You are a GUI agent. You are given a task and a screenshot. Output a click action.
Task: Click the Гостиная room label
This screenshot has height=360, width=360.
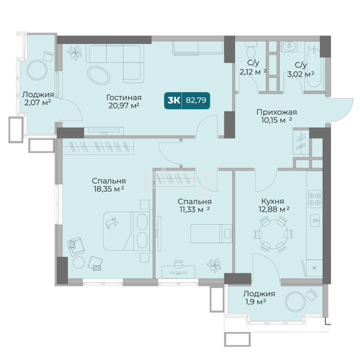click(124, 97)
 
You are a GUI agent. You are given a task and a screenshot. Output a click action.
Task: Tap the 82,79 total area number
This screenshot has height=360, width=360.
click(196, 100)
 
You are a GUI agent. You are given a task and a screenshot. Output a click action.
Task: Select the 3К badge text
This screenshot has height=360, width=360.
click(174, 100)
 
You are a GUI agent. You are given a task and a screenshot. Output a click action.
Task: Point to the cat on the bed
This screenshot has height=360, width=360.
click(112, 223)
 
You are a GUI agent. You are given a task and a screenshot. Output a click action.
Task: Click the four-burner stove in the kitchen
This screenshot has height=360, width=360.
click(314, 199)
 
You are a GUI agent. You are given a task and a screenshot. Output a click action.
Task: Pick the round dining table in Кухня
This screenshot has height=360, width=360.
click(273, 234)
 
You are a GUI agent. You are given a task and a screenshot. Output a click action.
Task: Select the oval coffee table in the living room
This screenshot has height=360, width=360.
click(98, 75)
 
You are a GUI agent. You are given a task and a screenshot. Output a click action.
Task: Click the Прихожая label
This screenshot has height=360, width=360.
click(276, 112)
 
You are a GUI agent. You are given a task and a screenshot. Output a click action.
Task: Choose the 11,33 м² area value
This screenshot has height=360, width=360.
click(195, 209)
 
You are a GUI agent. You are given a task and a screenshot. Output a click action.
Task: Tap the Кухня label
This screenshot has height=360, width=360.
click(272, 201)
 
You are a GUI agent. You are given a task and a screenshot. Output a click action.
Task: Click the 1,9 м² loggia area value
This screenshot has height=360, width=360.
click(254, 301)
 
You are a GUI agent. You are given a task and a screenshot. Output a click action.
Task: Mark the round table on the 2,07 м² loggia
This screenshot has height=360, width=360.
click(37, 70)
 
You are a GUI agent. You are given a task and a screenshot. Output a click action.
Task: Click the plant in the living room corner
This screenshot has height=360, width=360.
click(74, 52)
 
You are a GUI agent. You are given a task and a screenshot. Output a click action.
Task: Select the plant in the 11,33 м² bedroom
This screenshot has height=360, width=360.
click(214, 265)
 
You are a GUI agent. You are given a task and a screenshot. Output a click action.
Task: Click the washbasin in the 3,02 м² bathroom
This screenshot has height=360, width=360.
click(289, 46)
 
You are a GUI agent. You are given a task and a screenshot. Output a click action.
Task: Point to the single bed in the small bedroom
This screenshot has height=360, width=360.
click(211, 233)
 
